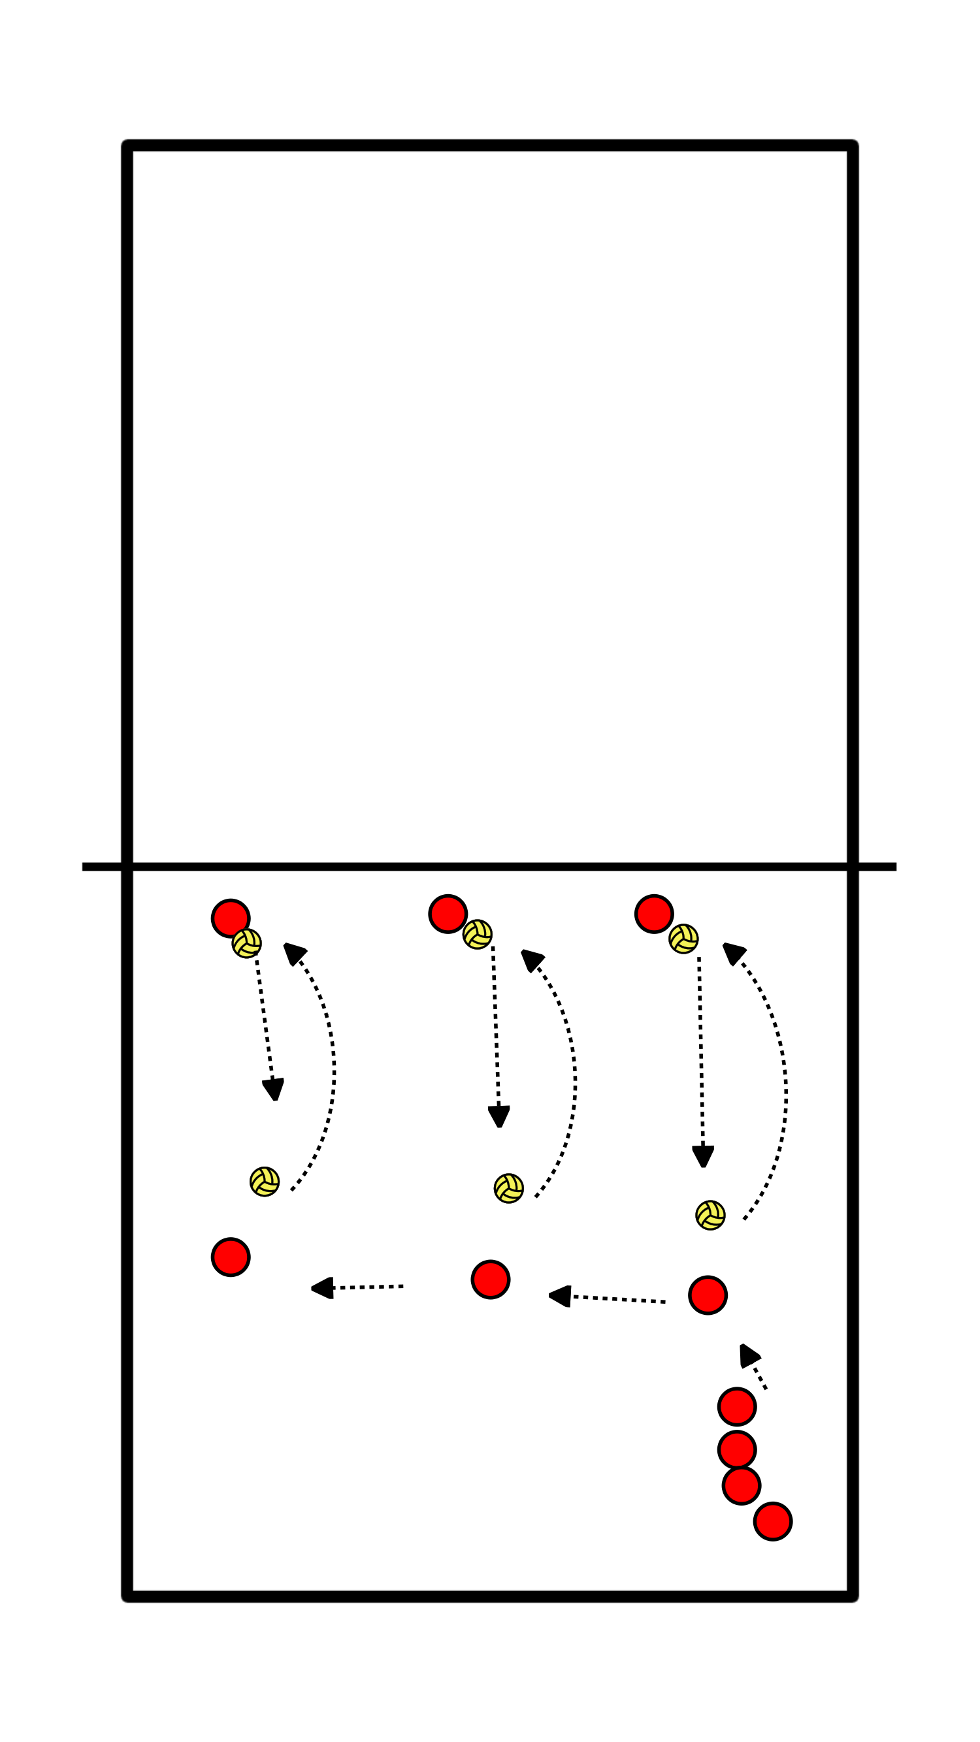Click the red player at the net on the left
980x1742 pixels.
coord(230,918)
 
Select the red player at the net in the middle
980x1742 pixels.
coord(447,914)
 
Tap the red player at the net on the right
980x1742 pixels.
coord(653,914)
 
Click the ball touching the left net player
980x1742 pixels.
coord(247,943)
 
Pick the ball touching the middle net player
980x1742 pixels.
coord(478,934)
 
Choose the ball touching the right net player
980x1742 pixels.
coord(683,939)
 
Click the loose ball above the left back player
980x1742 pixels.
coord(265,1182)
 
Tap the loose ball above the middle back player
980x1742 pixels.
coord(508,1188)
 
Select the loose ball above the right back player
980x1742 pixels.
coord(710,1215)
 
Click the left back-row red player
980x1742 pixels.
coord(231,1257)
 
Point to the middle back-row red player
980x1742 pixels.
coord(491,1280)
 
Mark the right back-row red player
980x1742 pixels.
coord(708,1295)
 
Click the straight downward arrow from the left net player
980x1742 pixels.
coord(266,1028)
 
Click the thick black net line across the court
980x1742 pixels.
coord(489,866)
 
